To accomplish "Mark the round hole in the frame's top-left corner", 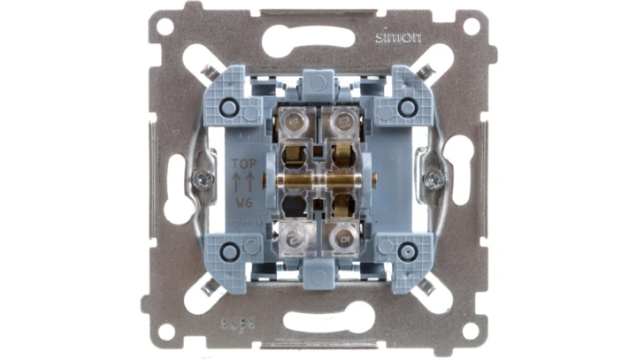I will [x=164, y=27].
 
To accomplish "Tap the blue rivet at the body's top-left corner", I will [x=228, y=107].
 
